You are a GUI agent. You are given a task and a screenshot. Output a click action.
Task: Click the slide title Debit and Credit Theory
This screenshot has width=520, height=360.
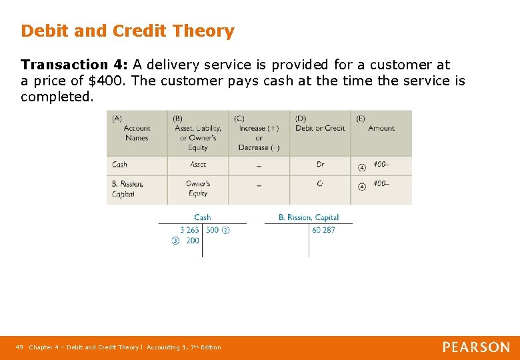tap(127, 31)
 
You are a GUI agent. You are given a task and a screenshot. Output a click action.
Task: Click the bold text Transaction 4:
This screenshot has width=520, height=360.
tap(74, 65)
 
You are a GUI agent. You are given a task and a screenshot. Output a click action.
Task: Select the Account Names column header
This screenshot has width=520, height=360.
tap(137, 129)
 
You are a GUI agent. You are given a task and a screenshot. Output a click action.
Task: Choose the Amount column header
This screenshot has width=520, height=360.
tap(381, 128)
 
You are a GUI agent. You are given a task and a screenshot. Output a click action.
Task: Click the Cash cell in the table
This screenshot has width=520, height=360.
tap(119, 165)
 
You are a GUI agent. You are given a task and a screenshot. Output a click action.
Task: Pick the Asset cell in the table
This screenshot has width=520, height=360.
tap(198, 165)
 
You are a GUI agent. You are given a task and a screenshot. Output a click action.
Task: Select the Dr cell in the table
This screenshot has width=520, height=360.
tap(320, 165)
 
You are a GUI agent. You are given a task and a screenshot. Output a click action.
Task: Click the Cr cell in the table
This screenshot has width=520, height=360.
tap(320, 183)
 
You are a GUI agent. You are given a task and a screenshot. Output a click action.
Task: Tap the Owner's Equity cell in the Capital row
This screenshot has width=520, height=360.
tap(198, 189)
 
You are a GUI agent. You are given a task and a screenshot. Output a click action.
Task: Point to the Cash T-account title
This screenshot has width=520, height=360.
tap(202, 217)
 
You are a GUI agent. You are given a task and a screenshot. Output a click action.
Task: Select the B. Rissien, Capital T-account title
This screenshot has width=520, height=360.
tap(308, 217)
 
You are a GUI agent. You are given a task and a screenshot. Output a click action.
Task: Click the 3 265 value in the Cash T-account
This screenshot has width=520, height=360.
tap(189, 230)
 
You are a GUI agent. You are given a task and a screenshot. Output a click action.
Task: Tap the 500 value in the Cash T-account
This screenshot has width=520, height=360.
tap(212, 230)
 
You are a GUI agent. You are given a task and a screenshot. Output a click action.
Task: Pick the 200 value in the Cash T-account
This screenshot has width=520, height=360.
tap(193, 241)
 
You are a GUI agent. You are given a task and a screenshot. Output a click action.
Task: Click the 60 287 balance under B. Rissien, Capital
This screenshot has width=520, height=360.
tap(323, 230)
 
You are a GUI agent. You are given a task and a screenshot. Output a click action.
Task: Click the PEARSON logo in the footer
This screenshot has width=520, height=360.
tap(476, 347)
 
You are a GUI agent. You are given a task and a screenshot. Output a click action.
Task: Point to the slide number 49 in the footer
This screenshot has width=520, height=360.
tap(19, 347)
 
